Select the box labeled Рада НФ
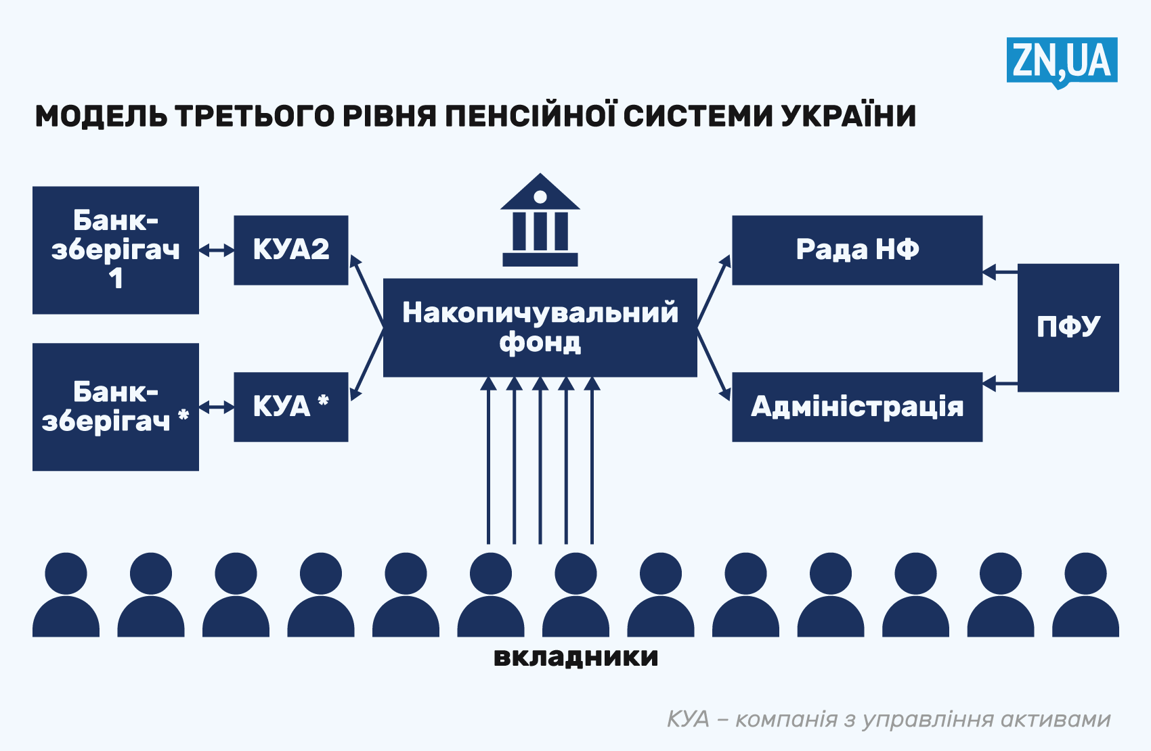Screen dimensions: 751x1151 pos(856,250)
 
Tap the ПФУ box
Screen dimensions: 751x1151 pos(1068,327)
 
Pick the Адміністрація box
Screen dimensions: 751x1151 pos(856,407)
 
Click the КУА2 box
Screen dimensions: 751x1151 pos(290,250)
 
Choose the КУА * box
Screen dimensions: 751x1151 pos(290,407)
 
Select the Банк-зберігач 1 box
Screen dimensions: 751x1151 pos(115,250)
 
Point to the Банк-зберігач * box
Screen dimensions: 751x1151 pos(115,407)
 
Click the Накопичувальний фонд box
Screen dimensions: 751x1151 pos(540,327)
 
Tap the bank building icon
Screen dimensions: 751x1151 pos(540,220)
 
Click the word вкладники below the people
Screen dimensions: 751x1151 pos(575,657)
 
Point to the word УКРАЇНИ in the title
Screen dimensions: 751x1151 pos(848,116)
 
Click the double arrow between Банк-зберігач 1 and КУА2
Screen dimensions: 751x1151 pos(216,250)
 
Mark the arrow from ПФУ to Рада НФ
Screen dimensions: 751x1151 pos(1000,272)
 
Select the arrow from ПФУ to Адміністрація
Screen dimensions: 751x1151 pos(1000,384)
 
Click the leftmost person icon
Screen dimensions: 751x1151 pos(66,595)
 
